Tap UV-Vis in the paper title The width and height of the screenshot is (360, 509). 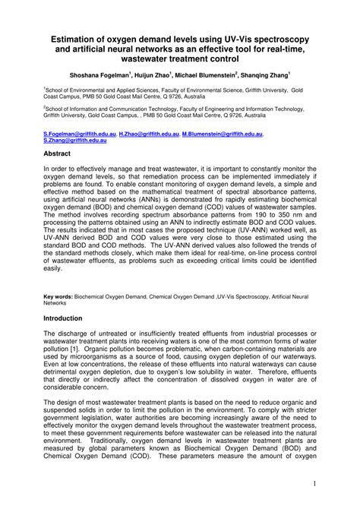tap(246, 36)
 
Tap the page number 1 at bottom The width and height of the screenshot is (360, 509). tap(335, 484)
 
